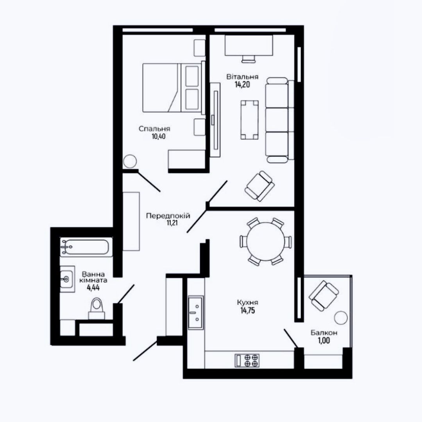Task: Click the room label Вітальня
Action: point(242,77)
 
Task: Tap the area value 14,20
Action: point(242,84)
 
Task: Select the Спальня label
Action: point(154,129)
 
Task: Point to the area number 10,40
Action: point(159,136)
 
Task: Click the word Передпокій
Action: point(168,216)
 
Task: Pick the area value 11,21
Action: point(172,223)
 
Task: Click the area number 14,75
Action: point(248,311)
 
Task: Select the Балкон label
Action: point(324,333)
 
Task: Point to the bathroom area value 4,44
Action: point(93,288)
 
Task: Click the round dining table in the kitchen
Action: point(265,241)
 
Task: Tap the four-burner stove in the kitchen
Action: point(247,360)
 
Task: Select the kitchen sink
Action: point(196,313)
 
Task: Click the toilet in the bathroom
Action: point(97,308)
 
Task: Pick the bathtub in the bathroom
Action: point(86,247)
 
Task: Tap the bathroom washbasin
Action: point(67,279)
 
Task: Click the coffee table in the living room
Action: point(249,120)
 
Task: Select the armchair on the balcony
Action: point(324,296)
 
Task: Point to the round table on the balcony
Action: point(341,318)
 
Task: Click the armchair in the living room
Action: point(259,186)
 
